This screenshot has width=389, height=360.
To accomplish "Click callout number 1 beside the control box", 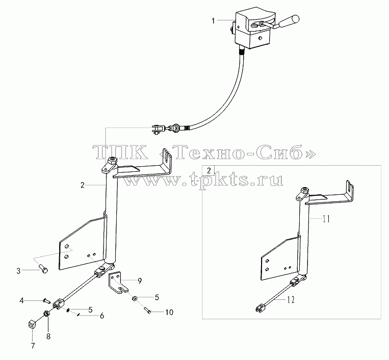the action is [x=213, y=21].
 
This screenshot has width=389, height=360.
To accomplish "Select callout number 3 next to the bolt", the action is [x=18, y=271].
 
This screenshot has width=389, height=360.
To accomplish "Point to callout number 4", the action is [x=22, y=301].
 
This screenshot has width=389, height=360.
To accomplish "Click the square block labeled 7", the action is [x=31, y=324].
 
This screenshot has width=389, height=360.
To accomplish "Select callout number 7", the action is [x=33, y=346].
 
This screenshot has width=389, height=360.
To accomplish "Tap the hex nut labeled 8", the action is [x=46, y=314].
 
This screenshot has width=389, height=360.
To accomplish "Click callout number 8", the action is [x=48, y=337].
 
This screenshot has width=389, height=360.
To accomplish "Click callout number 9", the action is [x=140, y=281].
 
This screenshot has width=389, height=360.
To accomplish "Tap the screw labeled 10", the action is [x=147, y=310].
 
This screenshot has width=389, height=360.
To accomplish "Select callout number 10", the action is [x=169, y=312].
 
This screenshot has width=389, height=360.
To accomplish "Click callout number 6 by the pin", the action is [x=102, y=316].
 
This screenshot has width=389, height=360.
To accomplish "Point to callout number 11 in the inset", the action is [x=326, y=219].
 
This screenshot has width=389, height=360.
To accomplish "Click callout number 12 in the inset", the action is [x=291, y=300].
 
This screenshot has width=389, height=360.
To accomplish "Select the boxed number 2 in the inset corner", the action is [x=209, y=170].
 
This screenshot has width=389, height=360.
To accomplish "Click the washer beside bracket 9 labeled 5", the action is [x=135, y=298].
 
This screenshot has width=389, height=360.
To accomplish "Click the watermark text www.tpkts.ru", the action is [x=203, y=179].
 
